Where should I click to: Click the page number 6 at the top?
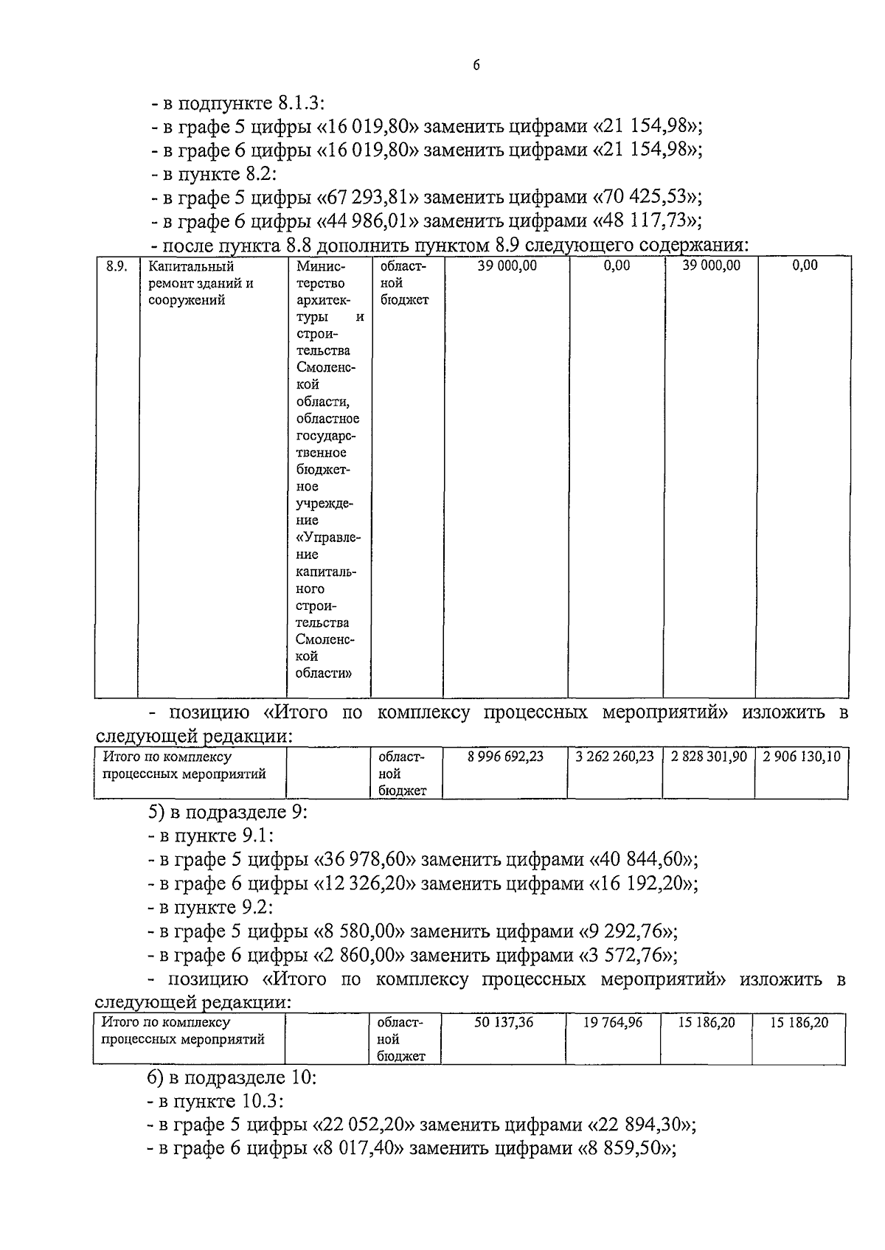click(x=476, y=66)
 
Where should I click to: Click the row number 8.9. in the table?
click(x=117, y=266)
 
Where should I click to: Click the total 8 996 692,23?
click(x=506, y=757)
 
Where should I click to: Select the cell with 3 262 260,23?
click(x=614, y=757)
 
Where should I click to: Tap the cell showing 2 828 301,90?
click(x=708, y=757)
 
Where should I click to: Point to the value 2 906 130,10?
click(x=802, y=757)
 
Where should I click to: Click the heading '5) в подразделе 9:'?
click(x=227, y=813)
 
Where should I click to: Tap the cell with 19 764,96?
click(x=613, y=1023)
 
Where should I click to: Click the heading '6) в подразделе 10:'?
click(x=232, y=1077)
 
